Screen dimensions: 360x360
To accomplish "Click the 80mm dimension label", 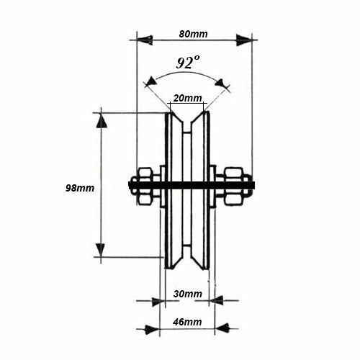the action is pos(193,34).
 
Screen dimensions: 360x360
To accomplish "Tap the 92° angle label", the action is pos(188,63).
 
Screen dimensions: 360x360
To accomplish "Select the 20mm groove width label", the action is pos(187,98).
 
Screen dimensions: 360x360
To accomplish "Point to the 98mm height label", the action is pos(80,188).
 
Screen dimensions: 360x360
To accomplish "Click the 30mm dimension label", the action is pos(187,294).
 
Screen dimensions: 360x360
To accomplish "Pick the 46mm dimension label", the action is pos(187,322).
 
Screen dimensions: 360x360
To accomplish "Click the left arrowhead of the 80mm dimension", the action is pos(145,40).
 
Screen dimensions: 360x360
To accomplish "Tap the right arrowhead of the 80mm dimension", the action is pos(243,40).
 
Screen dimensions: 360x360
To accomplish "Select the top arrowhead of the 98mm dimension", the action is pos(102,120).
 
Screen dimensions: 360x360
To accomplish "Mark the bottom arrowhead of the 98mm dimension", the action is pos(101,250).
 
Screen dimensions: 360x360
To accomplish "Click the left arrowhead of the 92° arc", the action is pos(151,81).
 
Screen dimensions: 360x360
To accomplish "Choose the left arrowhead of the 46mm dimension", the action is pos(152,329).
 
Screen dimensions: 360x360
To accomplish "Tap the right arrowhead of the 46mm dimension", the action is pos(222,328).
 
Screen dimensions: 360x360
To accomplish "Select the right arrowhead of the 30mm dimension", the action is pos(216,300).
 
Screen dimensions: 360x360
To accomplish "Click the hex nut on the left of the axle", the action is pos(145,186).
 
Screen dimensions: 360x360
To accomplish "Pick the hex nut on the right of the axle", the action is pos(234,186).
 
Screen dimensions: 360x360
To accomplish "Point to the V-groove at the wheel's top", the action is pos(187,120).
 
